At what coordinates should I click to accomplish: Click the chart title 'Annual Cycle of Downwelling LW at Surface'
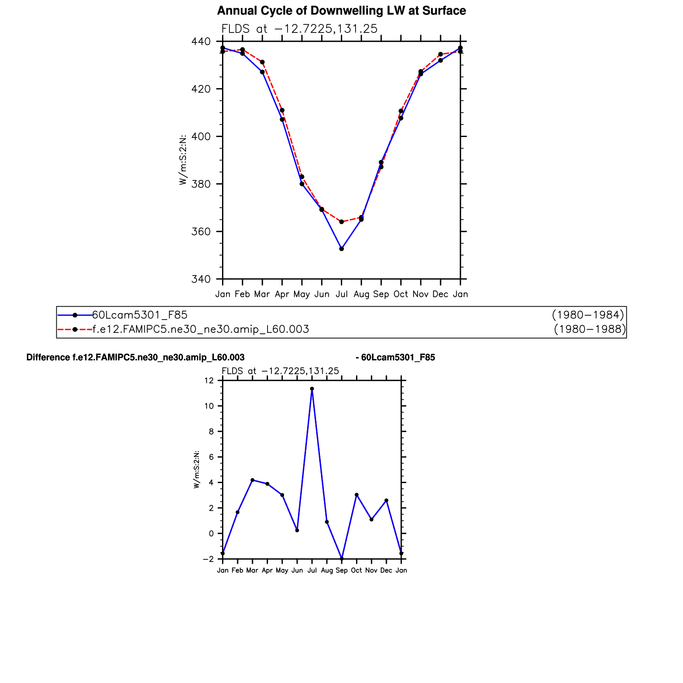pos(341,11)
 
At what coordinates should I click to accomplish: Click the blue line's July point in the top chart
pos(342,249)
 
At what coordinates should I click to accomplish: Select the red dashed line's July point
pos(342,222)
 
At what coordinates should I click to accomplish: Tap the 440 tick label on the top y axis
pos(201,42)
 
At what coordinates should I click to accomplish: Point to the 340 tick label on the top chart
pos(201,279)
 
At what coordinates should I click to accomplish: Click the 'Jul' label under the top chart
pos(342,294)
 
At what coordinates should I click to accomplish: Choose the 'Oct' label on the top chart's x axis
pos(401,294)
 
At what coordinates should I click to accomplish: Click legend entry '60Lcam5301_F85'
pos(140,315)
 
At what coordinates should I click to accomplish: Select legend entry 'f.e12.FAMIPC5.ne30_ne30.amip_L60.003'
pos(201,330)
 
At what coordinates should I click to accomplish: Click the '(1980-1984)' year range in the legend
pos(588,315)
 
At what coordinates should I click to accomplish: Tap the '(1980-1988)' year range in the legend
pos(590,330)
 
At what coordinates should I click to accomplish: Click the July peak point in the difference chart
pos(312,389)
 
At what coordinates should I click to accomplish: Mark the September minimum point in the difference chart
pos(342,559)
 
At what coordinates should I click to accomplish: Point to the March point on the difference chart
pos(252,480)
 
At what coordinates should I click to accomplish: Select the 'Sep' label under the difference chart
pos(342,571)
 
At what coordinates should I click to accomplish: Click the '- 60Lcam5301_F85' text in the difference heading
pos(395,358)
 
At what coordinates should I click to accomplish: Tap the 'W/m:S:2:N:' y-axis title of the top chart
pos(183,160)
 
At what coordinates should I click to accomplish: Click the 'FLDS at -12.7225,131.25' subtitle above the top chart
pos(299,29)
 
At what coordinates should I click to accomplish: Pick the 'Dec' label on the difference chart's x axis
pos(386,571)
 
